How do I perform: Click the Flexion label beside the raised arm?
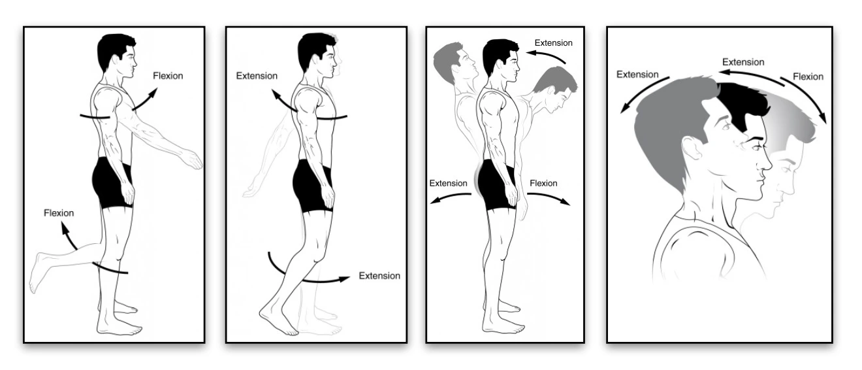coord(168,76)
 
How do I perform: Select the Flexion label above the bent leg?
coord(59,213)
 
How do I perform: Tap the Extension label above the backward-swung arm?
coord(257,76)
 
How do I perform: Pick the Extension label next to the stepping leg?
coord(379,276)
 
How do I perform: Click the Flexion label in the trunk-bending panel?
coord(543,183)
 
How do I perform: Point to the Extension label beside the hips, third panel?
coord(448,183)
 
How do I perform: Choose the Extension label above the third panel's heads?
coord(553,43)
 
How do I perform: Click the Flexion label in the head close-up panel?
coord(808,76)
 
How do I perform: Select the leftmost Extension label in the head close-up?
coord(637,75)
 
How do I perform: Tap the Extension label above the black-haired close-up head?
coord(742,62)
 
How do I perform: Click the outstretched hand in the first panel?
coord(192,159)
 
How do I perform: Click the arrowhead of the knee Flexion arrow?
coord(64,226)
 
